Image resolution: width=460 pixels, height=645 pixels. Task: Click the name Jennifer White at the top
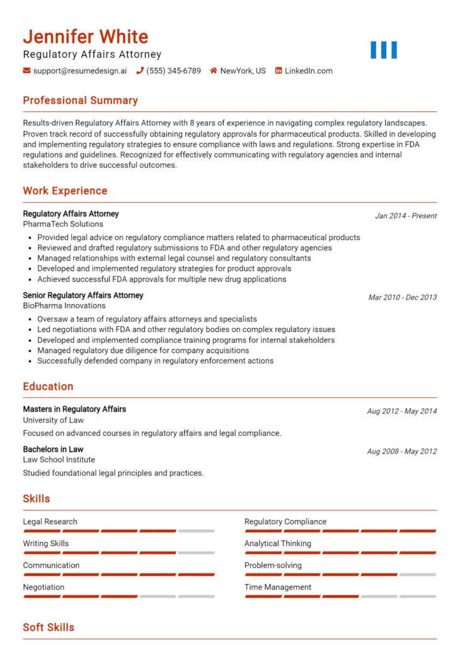pyautogui.click(x=86, y=37)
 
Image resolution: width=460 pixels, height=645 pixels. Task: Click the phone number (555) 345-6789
pyautogui.click(x=173, y=71)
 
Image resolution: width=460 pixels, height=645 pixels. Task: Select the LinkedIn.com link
pyautogui.click(x=308, y=71)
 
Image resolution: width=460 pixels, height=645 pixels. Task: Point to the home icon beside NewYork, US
pyautogui.click(x=214, y=71)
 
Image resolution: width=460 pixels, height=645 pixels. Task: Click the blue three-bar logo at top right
pyautogui.click(x=383, y=50)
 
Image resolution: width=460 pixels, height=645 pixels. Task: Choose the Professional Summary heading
pyautogui.click(x=80, y=100)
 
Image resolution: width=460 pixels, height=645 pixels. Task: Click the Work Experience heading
pyautogui.click(x=65, y=191)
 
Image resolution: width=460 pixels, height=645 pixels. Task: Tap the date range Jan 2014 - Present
pyautogui.click(x=405, y=215)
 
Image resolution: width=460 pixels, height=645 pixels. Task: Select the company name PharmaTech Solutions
pyautogui.click(x=63, y=224)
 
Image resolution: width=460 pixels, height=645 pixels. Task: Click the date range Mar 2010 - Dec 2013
pyautogui.click(x=402, y=297)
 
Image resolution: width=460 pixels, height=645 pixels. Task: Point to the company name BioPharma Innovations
pyautogui.click(x=64, y=305)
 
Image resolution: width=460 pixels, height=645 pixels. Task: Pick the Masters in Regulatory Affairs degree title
pyautogui.click(x=74, y=409)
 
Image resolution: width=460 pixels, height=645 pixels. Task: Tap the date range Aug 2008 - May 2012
pyautogui.click(x=401, y=451)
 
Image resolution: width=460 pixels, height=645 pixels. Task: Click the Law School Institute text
pyautogui.click(x=59, y=459)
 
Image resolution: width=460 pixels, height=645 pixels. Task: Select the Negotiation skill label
pyautogui.click(x=43, y=587)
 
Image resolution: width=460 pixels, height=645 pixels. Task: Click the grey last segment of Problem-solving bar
pyautogui.click(x=417, y=574)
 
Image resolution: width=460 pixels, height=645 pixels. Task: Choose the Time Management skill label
pyautogui.click(x=277, y=587)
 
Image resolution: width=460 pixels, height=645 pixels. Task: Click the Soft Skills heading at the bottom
pyautogui.click(x=49, y=627)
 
